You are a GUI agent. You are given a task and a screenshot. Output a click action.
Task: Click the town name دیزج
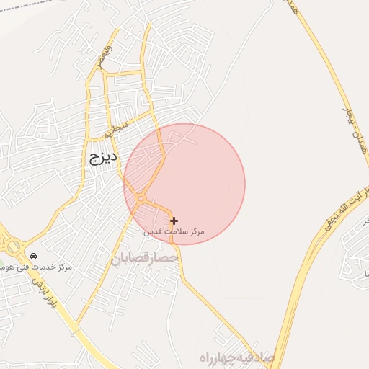click(105, 156)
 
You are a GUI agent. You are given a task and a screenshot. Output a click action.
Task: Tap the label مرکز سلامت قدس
click(174, 231)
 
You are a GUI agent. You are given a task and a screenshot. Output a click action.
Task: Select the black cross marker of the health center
click(174, 221)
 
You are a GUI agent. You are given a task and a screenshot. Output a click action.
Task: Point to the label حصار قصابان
click(143, 257)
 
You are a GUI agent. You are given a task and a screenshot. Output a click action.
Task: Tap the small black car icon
click(33, 257)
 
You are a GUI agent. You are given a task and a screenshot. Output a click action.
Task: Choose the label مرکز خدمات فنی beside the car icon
click(48, 267)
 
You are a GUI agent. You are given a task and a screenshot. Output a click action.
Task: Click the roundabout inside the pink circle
click(141, 198)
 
